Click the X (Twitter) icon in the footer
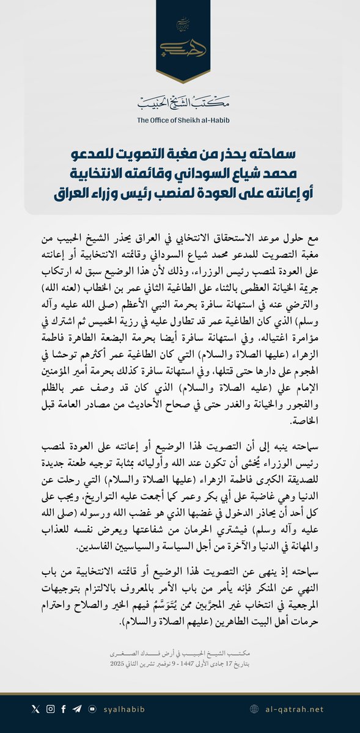click(x=35, y=709)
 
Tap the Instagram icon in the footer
click(x=50, y=709)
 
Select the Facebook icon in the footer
click(x=64, y=709)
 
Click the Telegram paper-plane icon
click(x=78, y=709)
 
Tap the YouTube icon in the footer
click(x=92, y=709)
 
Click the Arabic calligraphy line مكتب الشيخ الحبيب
click(x=180, y=102)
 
